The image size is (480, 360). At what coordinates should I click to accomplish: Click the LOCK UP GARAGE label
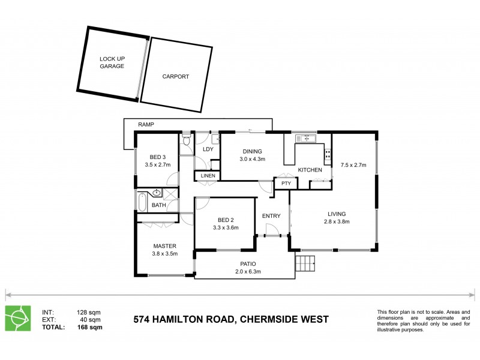pyautogui.click(x=112, y=62)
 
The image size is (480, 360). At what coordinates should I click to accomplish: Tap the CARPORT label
pyautogui.click(x=176, y=77)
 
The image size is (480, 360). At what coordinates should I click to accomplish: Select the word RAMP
pyautogui.click(x=146, y=124)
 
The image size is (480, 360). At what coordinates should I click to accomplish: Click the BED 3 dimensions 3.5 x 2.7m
pyautogui.click(x=158, y=164)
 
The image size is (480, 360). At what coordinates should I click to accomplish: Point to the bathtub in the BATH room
pyautogui.click(x=142, y=202)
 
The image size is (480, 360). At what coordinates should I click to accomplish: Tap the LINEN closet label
pyautogui.click(x=208, y=175)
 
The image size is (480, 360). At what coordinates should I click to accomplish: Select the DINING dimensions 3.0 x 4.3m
pyautogui.click(x=252, y=159)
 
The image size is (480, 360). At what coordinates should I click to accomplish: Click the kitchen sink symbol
pyautogui.click(x=306, y=139)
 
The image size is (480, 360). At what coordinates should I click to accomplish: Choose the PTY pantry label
pyautogui.click(x=286, y=184)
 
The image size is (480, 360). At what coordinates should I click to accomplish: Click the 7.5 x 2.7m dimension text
pyautogui.click(x=353, y=164)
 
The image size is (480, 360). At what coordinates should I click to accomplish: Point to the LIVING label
pyautogui.click(x=337, y=214)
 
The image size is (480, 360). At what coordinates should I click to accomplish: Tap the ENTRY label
pyautogui.click(x=271, y=216)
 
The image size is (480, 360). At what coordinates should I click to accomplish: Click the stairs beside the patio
pyautogui.click(x=305, y=263)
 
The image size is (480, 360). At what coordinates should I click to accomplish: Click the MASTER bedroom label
pyautogui.click(x=164, y=245)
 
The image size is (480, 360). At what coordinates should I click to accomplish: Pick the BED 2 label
pyautogui.click(x=226, y=220)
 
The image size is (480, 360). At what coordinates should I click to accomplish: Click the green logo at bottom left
pyautogui.click(x=17, y=319)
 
